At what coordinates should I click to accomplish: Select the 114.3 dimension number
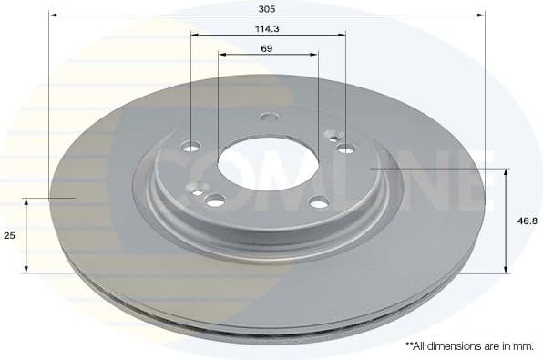coord(268,27)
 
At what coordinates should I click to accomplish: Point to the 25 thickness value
coord(10,235)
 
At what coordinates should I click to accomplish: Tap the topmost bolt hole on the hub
coord(267,117)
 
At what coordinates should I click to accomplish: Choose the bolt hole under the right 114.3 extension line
coord(344,148)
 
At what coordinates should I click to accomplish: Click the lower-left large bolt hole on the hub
coord(216,201)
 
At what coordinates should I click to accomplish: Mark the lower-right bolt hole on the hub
coord(318,202)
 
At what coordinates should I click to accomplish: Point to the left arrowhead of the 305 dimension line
coord(52,15)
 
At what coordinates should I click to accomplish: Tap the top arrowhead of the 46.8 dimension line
coord(506,172)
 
